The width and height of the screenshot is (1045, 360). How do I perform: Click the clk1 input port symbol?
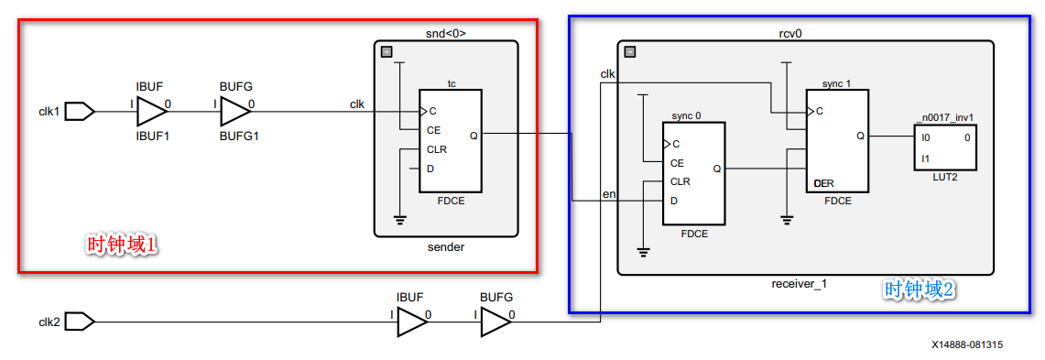point(80,112)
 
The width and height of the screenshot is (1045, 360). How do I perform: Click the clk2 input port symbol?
point(80,322)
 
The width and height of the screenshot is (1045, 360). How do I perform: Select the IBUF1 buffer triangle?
point(152,112)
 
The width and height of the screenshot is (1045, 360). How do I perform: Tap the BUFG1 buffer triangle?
point(235,112)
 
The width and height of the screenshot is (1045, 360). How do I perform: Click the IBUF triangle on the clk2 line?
point(411,322)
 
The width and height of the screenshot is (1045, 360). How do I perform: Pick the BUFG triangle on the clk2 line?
point(495,322)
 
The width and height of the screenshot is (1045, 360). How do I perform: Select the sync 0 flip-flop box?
point(693,173)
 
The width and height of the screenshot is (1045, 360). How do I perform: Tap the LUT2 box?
point(944,147)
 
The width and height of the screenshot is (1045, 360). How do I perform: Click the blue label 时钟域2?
point(919,290)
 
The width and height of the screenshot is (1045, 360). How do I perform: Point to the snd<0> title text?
point(446,34)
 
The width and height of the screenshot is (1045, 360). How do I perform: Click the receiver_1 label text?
point(799,283)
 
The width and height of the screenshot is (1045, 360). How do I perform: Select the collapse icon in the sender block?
point(386,52)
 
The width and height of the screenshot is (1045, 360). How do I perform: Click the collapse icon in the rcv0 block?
point(630,53)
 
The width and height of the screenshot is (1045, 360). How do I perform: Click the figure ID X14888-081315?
point(966,344)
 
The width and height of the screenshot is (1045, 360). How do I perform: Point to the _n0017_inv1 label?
point(943,116)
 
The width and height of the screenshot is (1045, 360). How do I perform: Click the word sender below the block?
point(446,247)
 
